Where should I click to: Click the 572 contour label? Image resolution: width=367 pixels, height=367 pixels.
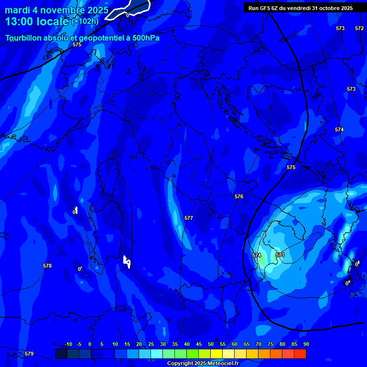[359, 28]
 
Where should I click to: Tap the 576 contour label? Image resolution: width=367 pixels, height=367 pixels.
[239, 196]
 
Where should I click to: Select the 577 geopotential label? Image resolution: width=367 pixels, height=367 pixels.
[189, 218]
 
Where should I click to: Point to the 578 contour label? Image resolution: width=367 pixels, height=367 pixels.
[47, 266]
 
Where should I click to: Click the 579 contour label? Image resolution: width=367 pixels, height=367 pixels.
[29, 354]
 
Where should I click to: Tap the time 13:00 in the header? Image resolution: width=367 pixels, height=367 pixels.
[20, 22]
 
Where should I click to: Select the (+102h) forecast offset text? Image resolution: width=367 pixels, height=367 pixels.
[85, 21]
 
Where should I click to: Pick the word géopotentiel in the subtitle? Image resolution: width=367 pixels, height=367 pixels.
[100, 38]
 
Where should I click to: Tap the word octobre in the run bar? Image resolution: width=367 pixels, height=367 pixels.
[327, 8]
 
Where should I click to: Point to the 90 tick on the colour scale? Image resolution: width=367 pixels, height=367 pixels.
[306, 344]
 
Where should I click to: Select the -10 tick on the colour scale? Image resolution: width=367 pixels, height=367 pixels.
[68, 344]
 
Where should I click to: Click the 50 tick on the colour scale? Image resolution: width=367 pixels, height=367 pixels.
[210, 344]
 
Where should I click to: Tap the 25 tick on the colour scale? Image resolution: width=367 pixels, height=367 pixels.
[151, 344]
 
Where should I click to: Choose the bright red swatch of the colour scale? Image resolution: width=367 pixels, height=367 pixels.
[300, 354]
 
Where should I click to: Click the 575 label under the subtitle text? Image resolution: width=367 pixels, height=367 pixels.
[77, 44]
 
